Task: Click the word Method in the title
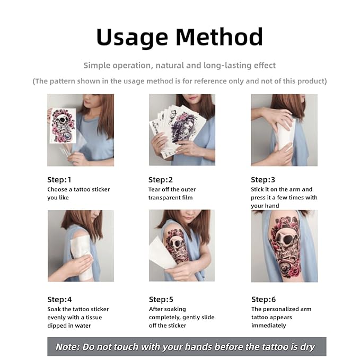click(219, 37)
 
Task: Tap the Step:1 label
click(59, 180)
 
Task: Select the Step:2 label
click(161, 180)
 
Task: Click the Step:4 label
click(59, 299)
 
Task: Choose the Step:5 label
click(161, 299)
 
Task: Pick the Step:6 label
click(264, 299)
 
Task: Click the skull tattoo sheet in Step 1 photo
click(63, 126)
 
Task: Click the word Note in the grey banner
click(68, 347)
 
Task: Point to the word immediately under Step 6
click(269, 325)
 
